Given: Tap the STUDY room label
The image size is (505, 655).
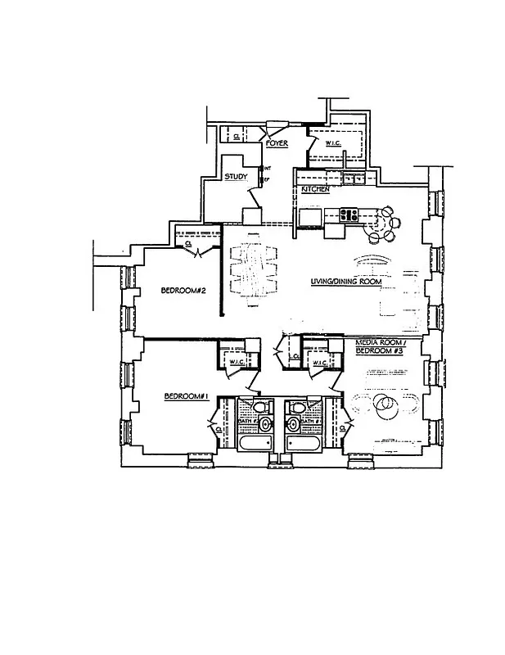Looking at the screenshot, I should pyautogui.click(x=237, y=176).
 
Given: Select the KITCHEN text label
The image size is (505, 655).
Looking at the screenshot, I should pyautogui.click(x=315, y=189).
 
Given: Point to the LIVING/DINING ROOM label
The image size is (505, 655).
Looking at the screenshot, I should pyautogui.click(x=346, y=282).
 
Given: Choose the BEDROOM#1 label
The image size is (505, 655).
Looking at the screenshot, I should pyautogui.click(x=187, y=397).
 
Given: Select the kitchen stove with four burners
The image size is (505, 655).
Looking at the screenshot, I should pyautogui.click(x=349, y=215).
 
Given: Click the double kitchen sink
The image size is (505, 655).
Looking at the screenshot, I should pyautogui.click(x=354, y=178).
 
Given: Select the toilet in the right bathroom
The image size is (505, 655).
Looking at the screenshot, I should pyautogui.click(x=293, y=423).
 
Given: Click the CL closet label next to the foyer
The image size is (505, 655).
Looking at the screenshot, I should pyautogui.click(x=237, y=137).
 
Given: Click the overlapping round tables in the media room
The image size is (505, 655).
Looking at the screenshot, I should pyautogui.click(x=384, y=404).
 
